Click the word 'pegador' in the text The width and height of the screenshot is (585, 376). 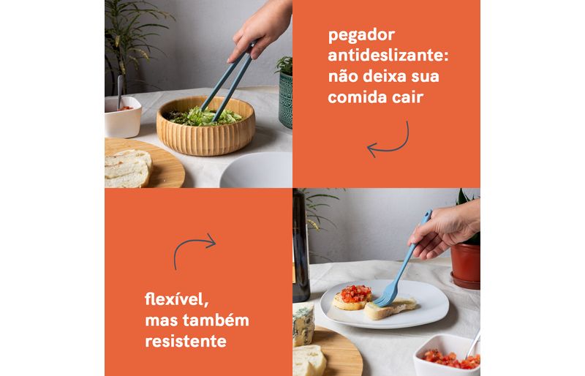pos(361,35)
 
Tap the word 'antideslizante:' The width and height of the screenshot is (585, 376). pos(388,56)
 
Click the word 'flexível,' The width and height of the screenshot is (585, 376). pos(176,298)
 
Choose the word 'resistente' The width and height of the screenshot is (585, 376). pos(186,341)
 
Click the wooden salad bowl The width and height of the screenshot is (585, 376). pos(205,130)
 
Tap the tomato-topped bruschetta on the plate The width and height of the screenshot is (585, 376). pos(352,297)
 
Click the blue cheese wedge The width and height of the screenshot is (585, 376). pos(303,324)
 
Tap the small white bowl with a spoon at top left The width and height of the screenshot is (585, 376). pos(122,116)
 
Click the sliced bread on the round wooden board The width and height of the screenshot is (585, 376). pos(127,168)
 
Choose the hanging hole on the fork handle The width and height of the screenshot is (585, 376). pos(427,215)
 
